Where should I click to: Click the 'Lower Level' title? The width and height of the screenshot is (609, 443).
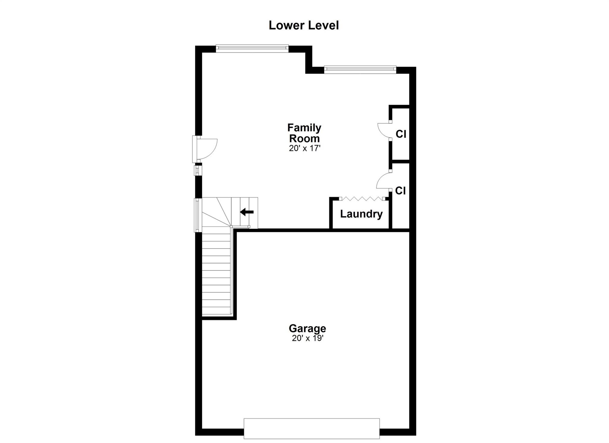pos(304,25)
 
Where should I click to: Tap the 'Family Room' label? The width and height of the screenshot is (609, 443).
pos(304,133)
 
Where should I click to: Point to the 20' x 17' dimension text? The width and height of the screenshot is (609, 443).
pos(304,148)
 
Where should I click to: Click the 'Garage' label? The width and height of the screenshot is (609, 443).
pos(307,329)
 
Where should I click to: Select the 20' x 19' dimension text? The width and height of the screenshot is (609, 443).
pos(307,338)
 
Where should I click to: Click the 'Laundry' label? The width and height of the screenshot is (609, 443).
pos(361,214)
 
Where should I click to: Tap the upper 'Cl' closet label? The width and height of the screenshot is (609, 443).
pos(401,134)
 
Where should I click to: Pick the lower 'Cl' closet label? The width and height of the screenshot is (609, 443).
pos(400,191)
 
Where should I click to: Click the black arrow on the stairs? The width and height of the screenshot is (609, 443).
pos(247,212)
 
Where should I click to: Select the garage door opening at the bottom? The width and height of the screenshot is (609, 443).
pos(312,428)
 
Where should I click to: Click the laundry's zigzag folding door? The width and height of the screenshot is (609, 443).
pos(362,198)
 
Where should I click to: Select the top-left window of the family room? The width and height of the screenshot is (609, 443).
pos(252,48)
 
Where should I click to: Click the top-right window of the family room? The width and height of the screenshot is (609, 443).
pos(360,70)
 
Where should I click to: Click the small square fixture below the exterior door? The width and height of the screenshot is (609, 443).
pos(197,170)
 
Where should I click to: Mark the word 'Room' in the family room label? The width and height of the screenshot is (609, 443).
pos(304,139)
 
